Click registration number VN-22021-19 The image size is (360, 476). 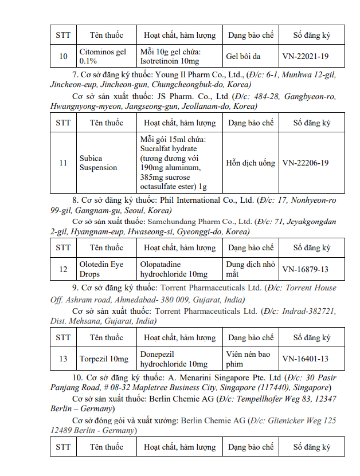pos(305,56)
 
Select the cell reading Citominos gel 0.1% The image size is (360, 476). pos(103,56)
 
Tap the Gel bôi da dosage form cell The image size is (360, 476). pos(242,56)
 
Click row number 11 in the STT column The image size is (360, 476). pos(63,163)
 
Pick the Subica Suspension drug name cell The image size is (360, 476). pos(98,163)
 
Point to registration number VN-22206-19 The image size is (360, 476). pos(305,163)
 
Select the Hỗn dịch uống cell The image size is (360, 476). pos(251,163)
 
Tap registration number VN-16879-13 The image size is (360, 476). pos(305,269)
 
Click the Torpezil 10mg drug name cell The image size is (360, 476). pos(104,359)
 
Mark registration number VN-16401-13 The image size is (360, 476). pos(305,359)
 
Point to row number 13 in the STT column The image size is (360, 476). pos(63,359)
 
